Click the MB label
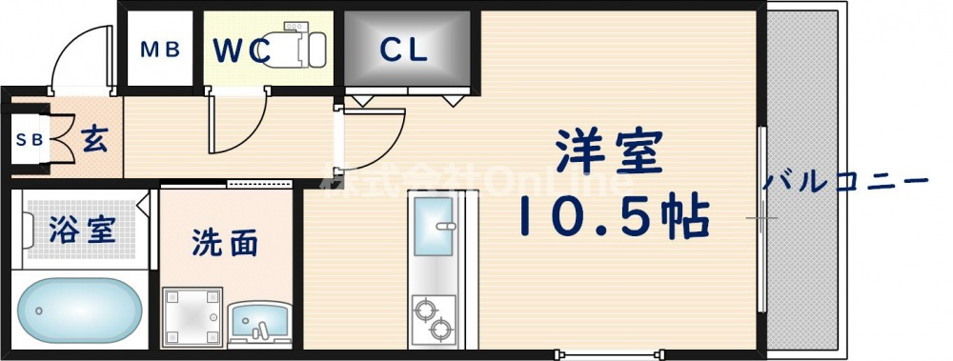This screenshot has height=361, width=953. [x=160, y=50]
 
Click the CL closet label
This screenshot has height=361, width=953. [x=405, y=50]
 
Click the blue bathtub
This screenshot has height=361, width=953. [x=80, y=311]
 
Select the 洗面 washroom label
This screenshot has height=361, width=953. [x=225, y=244]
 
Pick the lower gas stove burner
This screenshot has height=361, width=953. [x=440, y=330]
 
